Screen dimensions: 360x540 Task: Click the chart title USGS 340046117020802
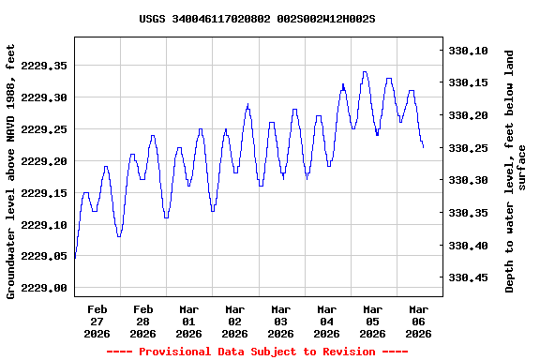[257, 19]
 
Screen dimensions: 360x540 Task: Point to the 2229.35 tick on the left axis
[44, 66]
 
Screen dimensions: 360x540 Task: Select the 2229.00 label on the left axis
[44, 289]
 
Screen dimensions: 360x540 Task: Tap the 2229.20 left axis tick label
[44, 161]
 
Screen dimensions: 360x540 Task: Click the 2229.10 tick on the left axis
[44, 225]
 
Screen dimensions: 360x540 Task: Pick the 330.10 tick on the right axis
[470, 51]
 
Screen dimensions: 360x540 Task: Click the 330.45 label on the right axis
[470, 277]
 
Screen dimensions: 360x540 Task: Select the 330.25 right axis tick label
[470, 148]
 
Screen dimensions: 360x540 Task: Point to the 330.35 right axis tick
[470, 213]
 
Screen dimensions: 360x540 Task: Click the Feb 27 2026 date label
[97, 321]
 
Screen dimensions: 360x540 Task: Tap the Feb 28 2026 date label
[143, 321]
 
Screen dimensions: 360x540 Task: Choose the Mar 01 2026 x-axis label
[189, 321]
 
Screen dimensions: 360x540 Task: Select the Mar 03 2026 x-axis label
[280, 321]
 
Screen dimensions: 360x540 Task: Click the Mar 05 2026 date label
[372, 321]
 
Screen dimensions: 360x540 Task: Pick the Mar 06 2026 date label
[418, 321]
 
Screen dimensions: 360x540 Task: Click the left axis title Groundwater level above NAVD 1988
[11, 171]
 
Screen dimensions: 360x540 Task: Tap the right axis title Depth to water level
[516, 171]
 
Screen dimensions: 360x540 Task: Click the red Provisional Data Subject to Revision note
[257, 352]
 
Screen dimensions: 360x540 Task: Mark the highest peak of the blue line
[365, 72]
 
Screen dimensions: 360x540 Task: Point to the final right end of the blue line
[423, 147]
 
